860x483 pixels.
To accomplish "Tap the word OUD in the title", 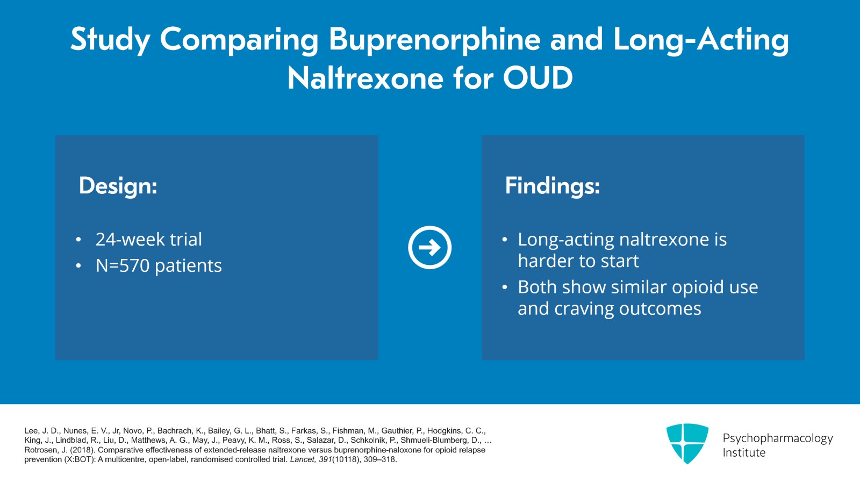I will click(537, 78).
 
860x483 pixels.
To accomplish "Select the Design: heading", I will click(118, 186).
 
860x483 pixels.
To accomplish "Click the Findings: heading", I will click(552, 186).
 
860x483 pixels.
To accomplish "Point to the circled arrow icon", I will click(429, 247).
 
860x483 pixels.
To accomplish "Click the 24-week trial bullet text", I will click(148, 240).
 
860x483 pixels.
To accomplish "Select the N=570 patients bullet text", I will click(159, 266).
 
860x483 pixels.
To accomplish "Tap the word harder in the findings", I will click(542, 261).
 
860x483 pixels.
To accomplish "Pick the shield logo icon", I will click(687, 443).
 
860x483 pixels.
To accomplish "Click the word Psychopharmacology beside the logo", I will click(777, 438).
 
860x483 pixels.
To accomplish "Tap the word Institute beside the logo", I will click(744, 453).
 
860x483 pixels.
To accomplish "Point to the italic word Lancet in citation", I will click(303, 460).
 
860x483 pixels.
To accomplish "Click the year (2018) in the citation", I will click(83, 450).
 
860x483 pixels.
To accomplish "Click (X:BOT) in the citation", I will click(76, 460).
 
